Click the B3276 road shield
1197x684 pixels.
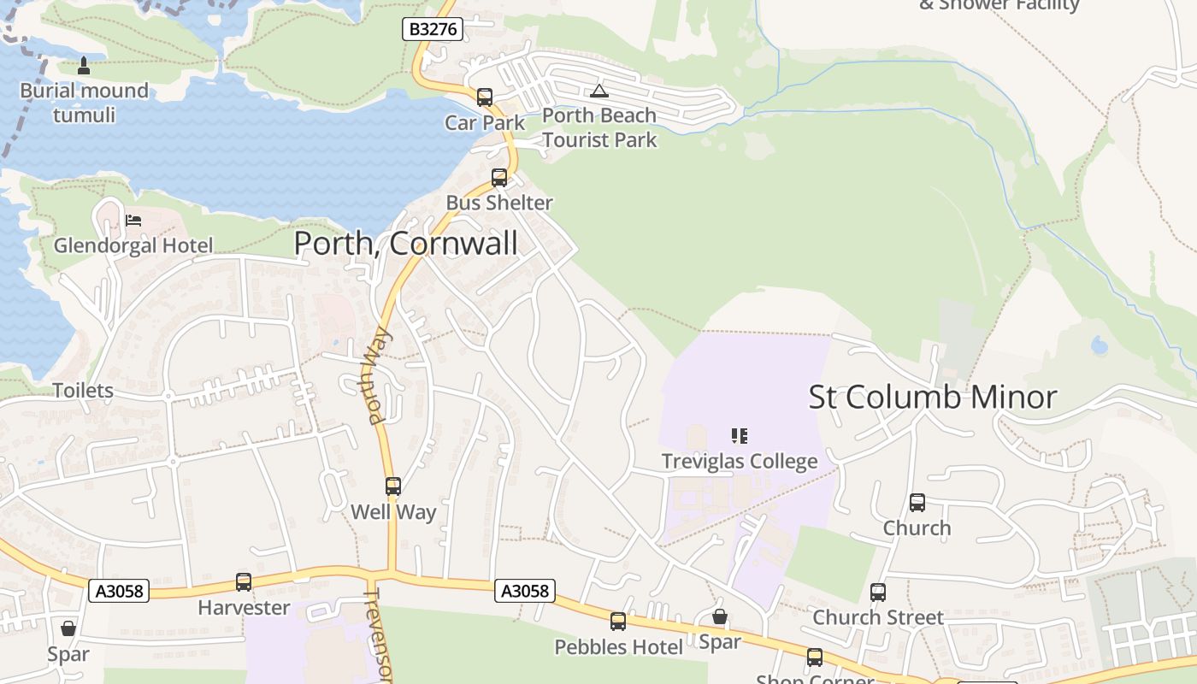433,29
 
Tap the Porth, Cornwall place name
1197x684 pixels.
405,244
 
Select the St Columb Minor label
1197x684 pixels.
933,398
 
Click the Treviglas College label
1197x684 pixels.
740,462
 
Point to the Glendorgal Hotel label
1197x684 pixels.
133,246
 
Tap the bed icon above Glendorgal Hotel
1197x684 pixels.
133,221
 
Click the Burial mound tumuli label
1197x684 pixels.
84,103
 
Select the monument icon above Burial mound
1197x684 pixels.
84,65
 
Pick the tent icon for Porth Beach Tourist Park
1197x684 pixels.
599,91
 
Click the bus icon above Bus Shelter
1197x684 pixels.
499,178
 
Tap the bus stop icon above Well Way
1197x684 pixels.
393,486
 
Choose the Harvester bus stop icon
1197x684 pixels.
244,582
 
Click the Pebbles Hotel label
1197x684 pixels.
619,647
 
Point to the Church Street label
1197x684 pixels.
878,617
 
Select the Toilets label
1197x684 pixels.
83,391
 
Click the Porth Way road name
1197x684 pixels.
378,376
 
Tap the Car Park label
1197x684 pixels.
485,123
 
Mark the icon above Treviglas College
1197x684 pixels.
740,436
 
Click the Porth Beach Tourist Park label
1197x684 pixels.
599,127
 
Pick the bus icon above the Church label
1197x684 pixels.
917,503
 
